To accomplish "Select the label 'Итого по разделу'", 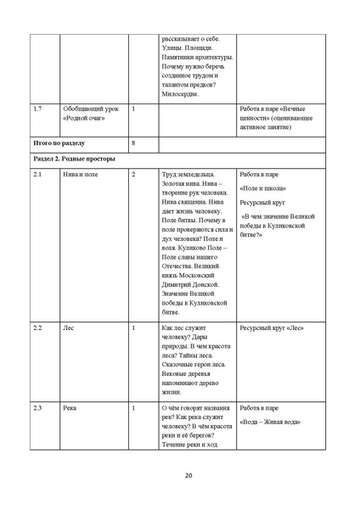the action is click(x=57, y=142).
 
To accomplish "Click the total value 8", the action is click(x=133, y=142).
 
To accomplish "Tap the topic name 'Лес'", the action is click(x=69, y=327).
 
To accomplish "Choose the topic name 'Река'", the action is click(x=70, y=408).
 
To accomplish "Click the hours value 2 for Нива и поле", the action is click(x=133, y=175).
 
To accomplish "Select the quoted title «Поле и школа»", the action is click(x=263, y=188).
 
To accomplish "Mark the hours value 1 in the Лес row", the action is click(x=133, y=327).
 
